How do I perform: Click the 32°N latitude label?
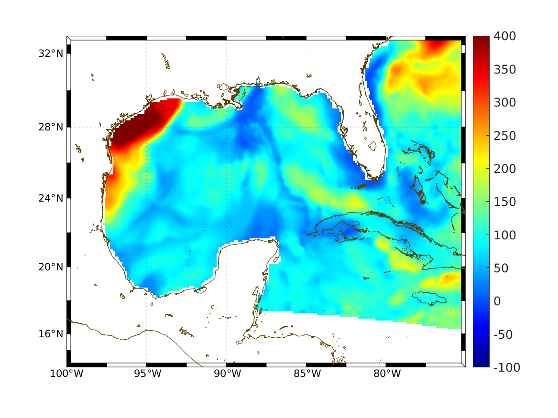(x=51, y=53)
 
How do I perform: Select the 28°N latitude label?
(x=51, y=127)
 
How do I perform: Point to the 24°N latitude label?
(x=51, y=198)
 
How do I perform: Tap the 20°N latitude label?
(x=51, y=267)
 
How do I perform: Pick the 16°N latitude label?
(x=51, y=333)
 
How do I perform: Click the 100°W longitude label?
(x=66, y=374)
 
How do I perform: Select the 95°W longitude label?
(x=147, y=374)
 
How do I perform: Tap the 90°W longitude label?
(x=227, y=374)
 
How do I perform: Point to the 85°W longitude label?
(x=306, y=374)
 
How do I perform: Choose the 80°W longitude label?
(x=386, y=374)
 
